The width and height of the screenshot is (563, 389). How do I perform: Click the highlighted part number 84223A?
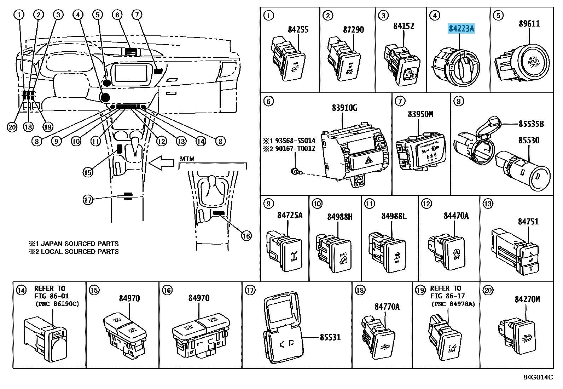click(461, 28)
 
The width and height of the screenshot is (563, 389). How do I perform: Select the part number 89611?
click(529, 24)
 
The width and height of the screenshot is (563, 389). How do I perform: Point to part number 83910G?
click(344, 108)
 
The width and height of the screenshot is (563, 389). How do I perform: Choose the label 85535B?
click(531, 124)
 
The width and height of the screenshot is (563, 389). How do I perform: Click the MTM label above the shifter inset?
click(187, 159)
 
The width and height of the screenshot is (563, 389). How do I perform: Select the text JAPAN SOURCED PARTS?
click(80, 244)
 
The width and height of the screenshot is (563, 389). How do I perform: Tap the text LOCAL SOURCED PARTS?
click(80, 252)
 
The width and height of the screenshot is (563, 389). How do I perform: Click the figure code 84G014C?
click(538, 377)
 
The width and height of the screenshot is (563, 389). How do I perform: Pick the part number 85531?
click(330, 337)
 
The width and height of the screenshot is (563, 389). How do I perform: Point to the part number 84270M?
click(527, 299)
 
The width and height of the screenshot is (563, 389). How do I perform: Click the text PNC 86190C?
click(57, 304)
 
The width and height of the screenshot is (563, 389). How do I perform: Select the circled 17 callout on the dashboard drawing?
click(88, 200)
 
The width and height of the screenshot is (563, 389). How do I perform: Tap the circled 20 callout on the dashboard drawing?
click(12, 127)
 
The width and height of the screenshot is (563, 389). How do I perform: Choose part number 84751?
click(528, 222)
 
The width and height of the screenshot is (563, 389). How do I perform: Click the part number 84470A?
click(456, 216)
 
